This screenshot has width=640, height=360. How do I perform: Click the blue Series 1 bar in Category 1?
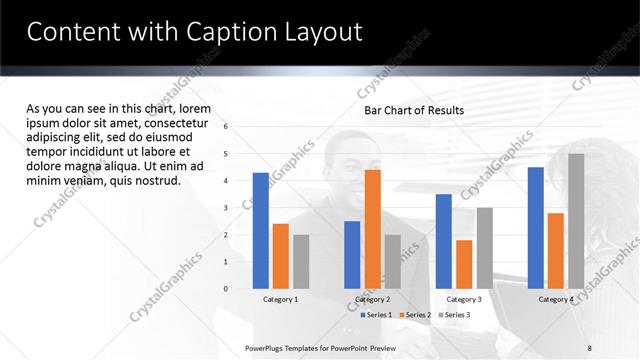(261, 231)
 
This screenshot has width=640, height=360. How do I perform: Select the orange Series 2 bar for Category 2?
(372, 229)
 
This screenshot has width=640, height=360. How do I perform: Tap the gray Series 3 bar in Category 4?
(576, 221)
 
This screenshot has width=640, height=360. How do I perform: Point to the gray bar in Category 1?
(301, 262)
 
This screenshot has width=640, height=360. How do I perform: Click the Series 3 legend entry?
(456, 315)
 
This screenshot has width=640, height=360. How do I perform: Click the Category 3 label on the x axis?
(464, 299)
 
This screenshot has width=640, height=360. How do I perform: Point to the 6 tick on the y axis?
(227, 127)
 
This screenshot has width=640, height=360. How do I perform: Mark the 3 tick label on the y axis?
(227, 208)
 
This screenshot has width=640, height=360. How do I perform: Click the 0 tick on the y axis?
(227, 289)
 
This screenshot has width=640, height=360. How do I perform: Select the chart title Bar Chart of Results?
(414, 110)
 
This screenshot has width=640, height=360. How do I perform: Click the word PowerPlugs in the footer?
(266, 347)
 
